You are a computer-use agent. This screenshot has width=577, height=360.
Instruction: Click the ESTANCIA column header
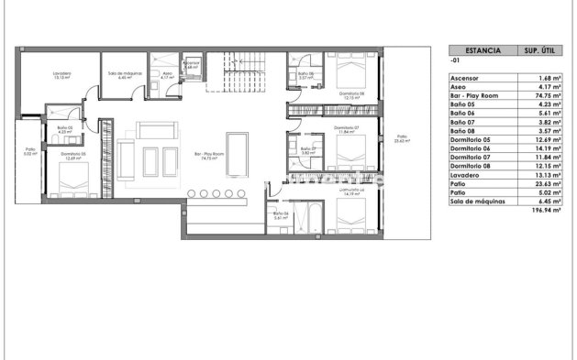pyautogui.click(x=483, y=51)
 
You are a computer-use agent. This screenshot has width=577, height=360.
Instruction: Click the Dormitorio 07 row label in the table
pyautogui.click(x=476, y=157)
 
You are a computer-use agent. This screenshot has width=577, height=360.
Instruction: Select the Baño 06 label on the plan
pyautogui.click(x=280, y=216)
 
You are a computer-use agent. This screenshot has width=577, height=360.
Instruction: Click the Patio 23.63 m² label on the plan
pyautogui.click(x=400, y=140)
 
